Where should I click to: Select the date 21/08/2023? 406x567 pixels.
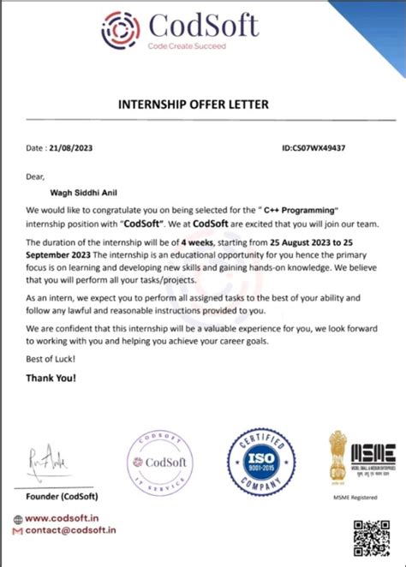71,148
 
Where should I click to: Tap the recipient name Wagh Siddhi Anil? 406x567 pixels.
79,194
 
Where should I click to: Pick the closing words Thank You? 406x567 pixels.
50,377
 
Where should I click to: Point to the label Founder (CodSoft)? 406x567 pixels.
62,497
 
